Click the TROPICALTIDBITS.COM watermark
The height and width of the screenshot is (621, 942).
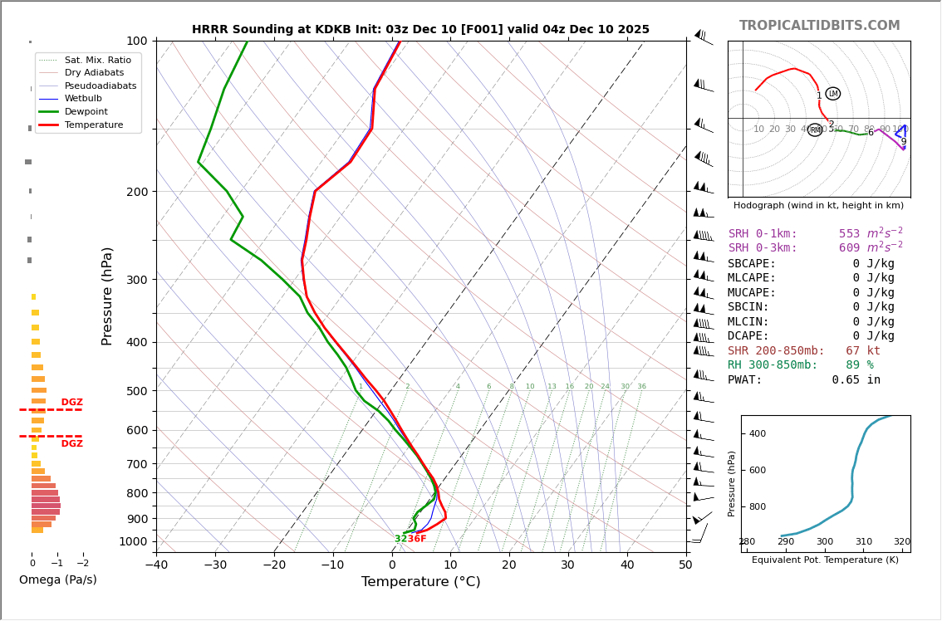pos(819,26)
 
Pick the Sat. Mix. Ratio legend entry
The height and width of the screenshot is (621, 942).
pos(97,60)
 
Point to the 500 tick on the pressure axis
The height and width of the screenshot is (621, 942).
pos(136,391)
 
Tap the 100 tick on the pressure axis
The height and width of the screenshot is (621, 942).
pos(136,41)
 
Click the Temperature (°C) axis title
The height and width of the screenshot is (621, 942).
pos(420,582)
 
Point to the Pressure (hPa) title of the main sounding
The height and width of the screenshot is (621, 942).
pos(108,296)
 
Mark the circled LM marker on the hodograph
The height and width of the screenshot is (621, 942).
pos(833,94)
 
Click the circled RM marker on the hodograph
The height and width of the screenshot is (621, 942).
pos(815,130)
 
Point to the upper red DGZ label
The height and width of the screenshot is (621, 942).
pos(71,403)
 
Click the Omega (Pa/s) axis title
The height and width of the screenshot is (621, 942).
pos(57,579)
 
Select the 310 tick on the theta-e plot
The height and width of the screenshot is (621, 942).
pos(863,542)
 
